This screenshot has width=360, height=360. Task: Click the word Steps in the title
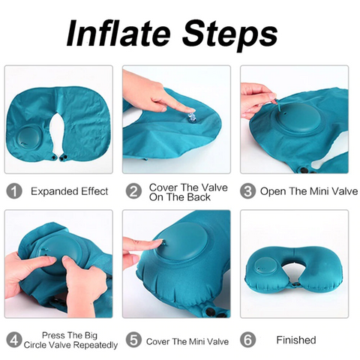click(x=228, y=33)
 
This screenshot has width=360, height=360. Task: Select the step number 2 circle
click(x=133, y=191)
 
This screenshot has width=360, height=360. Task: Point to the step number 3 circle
click(x=248, y=191)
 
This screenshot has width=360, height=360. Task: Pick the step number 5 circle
click(x=133, y=340)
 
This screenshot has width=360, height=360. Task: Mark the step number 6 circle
click(x=248, y=340)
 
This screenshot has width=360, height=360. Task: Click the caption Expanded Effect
click(x=69, y=191)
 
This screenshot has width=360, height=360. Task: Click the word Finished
click(x=296, y=340)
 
